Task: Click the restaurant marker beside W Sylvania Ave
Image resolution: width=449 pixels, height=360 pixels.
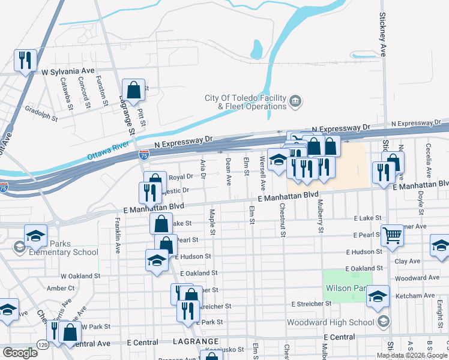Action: pyautogui.click(x=25, y=60)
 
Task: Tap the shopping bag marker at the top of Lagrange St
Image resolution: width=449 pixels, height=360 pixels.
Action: pyautogui.click(x=134, y=90)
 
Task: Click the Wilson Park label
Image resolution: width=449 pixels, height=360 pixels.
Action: pyautogui.click(x=346, y=288)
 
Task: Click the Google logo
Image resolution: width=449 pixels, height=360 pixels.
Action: pyautogui.click(x=20, y=352)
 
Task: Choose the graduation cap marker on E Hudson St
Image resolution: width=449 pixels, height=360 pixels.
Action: pyautogui.click(x=157, y=260)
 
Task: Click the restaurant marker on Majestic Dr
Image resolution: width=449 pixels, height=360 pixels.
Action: pyautogui.click(x=148, y=193)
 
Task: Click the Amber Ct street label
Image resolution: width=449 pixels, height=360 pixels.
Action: pyautogui.click(x=61, y=288)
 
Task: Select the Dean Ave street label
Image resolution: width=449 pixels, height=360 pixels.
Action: pyautogui.click(x=228, y=171)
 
